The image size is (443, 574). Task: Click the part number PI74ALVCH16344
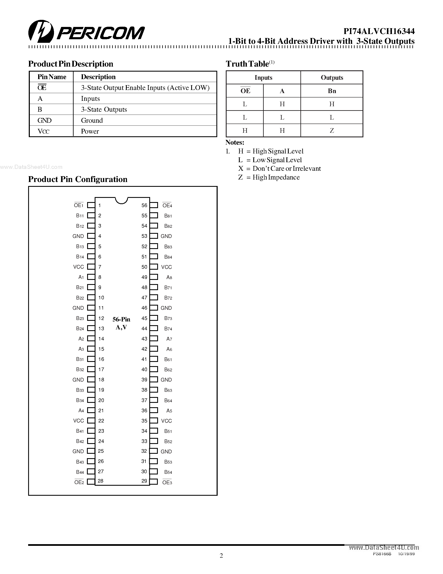(x=379, y=31)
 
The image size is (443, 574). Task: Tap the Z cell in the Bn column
(x=332, y=131)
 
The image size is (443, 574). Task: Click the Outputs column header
(x=332, y=77)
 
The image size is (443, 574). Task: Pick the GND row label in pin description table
(x=44, y=120)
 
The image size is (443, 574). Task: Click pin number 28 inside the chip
(x=100, y=481)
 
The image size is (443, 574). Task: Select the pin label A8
(x=169, y=277)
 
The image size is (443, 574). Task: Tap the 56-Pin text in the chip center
(x=121, y=319)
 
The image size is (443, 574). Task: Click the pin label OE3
(x=167, y=483)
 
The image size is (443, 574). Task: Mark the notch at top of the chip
(x=122, y=200)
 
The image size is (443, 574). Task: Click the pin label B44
(x=80, y=472)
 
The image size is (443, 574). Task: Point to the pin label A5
(x=169, y=411)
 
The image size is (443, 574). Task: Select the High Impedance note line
(x=269, y=177)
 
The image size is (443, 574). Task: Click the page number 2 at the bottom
(x=221, y=556)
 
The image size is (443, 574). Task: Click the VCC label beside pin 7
(x=78, y=267)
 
